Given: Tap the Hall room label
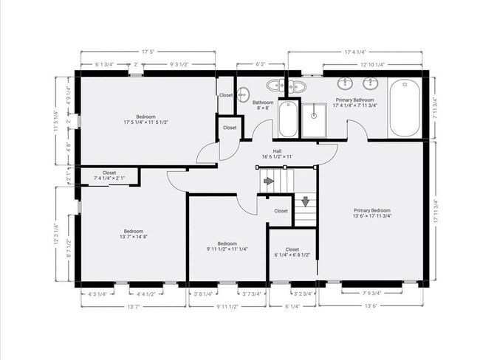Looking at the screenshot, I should (x=277, y=153).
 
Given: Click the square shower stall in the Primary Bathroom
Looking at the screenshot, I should (x=318, y=120).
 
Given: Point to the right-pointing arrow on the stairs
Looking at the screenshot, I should (x=269, y=181).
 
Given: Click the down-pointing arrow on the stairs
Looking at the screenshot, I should (x=305, y=201).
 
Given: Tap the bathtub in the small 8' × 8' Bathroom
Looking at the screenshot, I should (x=288, y=120).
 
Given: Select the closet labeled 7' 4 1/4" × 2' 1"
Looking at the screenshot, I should (x=109, y=176).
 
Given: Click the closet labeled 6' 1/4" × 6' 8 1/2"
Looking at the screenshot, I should (x=292, y=252).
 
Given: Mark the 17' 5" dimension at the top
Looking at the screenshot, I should (x=148, y=52).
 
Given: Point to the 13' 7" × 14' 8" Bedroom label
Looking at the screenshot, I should (x=133, y=233).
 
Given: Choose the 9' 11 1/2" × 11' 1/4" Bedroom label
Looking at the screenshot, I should (x=227, y=246).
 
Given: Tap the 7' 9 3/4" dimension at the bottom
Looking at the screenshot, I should (x=377, y=294).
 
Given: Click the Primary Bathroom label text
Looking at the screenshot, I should (x=354, y=103).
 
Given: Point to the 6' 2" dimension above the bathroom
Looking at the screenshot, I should (x=261, y=64).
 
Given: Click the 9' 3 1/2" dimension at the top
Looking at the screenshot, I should (x=178, y=64).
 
